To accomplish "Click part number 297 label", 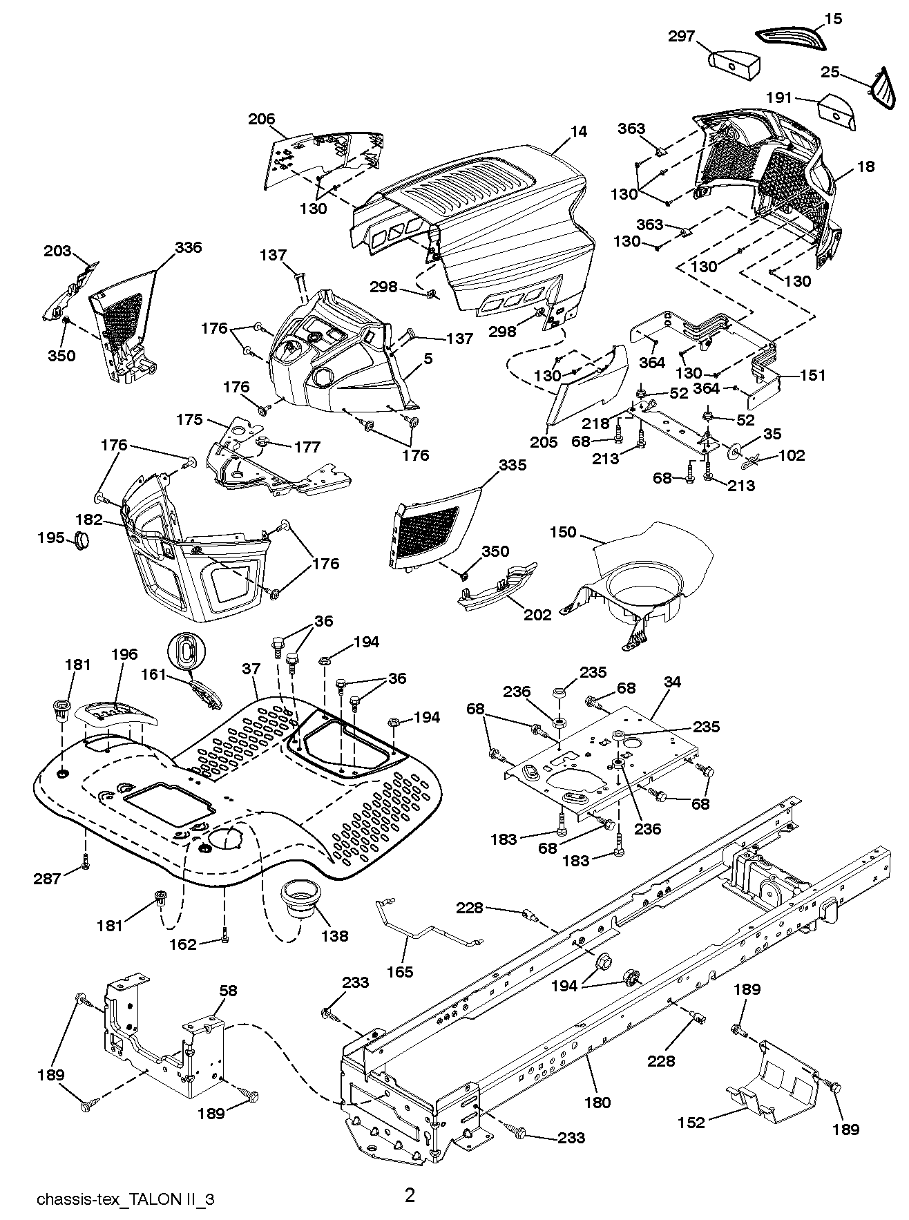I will (682, 37).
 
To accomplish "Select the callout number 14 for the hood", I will (579, 131).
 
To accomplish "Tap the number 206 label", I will (262, 119).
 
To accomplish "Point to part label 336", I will (188, 247).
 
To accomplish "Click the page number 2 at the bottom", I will (410, 1176).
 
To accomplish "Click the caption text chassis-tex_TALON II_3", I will (126, 1180).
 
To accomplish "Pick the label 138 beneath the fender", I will (334, 936).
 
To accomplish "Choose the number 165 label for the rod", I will (400, 972).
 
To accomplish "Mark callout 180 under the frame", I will (597, 1102).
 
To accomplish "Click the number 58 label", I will (229, 991).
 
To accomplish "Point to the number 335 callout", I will (513, 465).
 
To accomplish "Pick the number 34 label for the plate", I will (672, 683).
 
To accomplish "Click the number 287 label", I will (48, 878).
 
